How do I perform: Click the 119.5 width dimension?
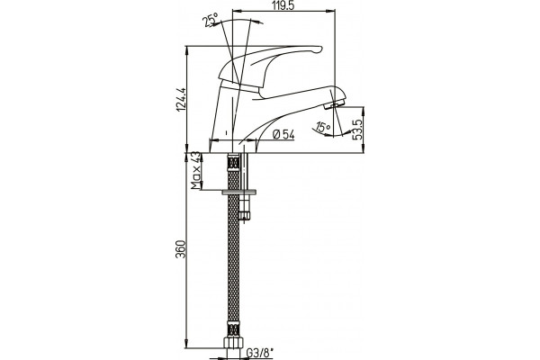click(x=283, y=5)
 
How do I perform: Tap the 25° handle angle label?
click(x=211, y=20)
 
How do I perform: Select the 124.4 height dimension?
click(x=181, y=99)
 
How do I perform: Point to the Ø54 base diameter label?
click(x=283, y=135)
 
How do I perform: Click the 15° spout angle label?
click(x=323, y=128)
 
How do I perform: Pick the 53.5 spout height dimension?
click(x=358, y=130)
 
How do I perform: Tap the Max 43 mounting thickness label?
click(x=195, y=170)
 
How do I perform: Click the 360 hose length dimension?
click(x=181, y=249)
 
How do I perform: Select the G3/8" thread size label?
click(x=260, y=353)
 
